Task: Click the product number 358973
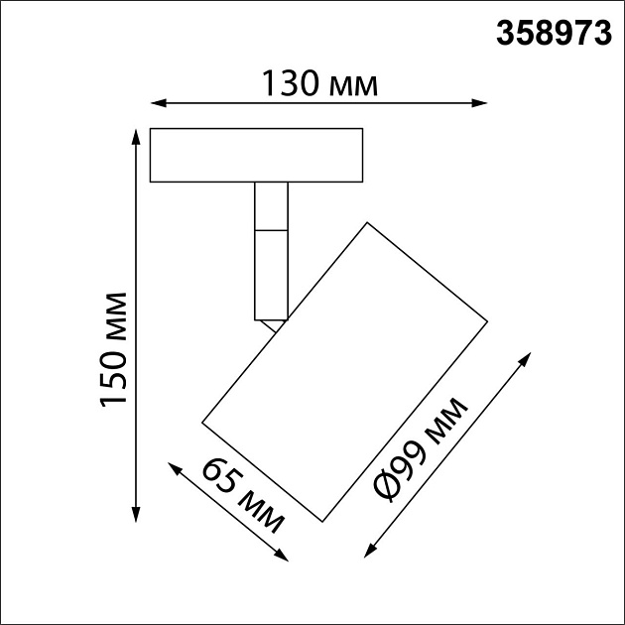pos(553,33)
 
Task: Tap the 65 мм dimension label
pos(244,496)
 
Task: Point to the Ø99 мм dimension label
pos(423,449)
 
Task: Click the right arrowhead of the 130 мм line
pos(482,102)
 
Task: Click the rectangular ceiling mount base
pos(256,156)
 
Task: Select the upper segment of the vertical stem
pos(271,206)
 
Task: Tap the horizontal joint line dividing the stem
pos(271,230)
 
